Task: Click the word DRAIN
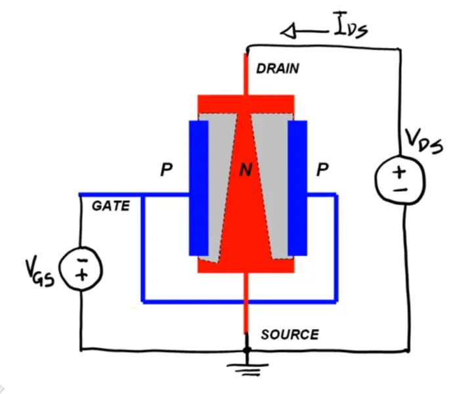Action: pyautogui.click(x=278, y=68)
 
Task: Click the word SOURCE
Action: pyautogui.click(x=290, y=334)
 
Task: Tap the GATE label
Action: pyautogui.click(x=110, y=206)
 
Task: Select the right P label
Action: pyautogui.click(x=322, y=171)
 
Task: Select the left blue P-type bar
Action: pyautogui.click(x=198, y=188)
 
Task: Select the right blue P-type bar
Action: pyautogui.click(x=297, y=188)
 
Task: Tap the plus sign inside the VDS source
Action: pyautogui.click(x=399, y=173)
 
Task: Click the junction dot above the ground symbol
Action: pyautogui.click(x=247, y=350)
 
